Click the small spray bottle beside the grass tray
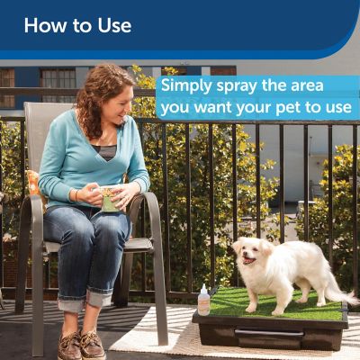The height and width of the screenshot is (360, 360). (204, 301)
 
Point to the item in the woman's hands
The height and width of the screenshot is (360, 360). (111, 199)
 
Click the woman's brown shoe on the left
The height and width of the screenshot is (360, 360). (68, 345)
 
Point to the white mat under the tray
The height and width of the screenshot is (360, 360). (162, 337)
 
